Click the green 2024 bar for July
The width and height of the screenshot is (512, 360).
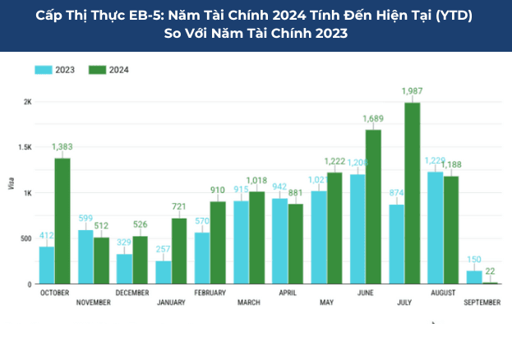412,193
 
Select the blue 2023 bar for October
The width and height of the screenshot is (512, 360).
47,265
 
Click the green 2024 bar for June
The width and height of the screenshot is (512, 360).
373,206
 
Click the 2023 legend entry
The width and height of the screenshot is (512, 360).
55,70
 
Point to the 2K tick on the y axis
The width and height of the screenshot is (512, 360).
27,102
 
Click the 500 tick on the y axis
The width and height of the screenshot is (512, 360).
26,239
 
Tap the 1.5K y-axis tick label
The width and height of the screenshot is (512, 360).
25,148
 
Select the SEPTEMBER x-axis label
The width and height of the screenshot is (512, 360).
482,302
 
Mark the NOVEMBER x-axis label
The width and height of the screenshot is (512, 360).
94,302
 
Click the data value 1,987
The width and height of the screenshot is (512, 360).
412,90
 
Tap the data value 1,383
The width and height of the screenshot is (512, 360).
62,146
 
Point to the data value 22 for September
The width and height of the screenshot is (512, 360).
491,271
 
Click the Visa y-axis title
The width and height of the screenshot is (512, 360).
12,184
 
